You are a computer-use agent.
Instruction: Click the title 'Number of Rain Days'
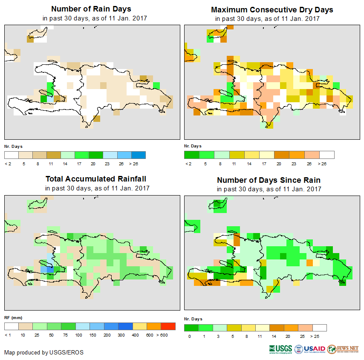tap(91, 9)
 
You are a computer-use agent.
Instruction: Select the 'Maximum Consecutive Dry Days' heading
tap(272, 9)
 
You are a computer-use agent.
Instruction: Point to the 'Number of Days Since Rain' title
tap(269, 180)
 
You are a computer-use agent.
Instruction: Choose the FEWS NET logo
tap(343, 349)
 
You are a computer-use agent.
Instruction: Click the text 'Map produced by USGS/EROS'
tap(44, 352)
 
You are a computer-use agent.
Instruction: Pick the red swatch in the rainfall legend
tap(168, 326)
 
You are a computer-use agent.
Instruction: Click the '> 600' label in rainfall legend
tap(168, 335)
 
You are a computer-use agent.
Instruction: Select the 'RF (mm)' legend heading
tap(13, 318)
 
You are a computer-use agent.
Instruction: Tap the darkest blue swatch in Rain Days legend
tap(139, 155)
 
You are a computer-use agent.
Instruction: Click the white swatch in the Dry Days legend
tap(327, 155)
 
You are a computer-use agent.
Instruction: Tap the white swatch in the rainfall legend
tap(12, 326)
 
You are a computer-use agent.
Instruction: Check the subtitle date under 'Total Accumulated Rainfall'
tap(97, 188)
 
